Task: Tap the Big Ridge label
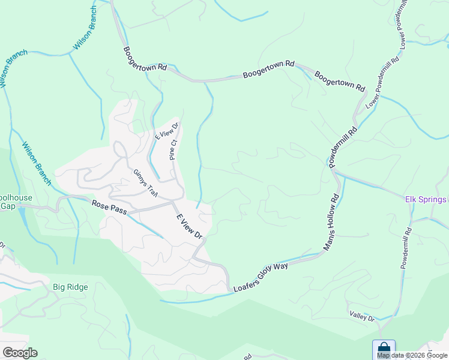[x=70, y=287]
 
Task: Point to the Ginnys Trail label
[x=145, y=183]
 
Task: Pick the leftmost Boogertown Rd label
[x=145, y=59]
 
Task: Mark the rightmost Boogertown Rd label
[x=340, y=82]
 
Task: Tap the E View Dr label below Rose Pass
[x=188, y=226]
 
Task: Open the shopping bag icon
[x=384, y=349]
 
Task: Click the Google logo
[x=20, y=353]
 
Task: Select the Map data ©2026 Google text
[x=412, y=355]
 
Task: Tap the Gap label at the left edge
[x=7, y=206]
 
